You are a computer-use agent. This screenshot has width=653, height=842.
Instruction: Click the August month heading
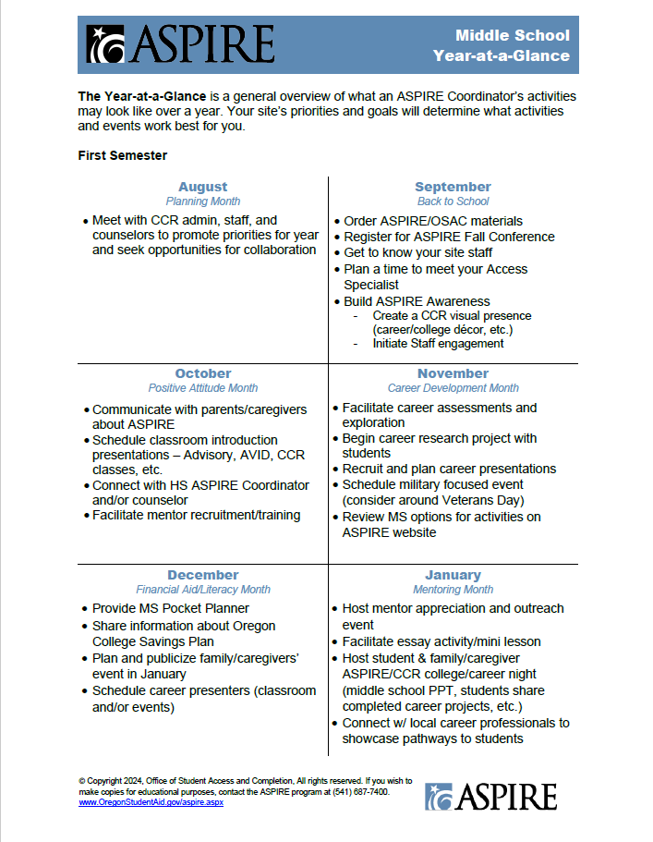202,187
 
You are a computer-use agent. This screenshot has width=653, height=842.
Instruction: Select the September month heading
453,187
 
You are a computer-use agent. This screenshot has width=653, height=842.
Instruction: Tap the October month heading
202,373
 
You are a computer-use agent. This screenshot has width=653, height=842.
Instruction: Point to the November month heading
453,373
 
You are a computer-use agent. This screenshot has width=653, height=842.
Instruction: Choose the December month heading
202,575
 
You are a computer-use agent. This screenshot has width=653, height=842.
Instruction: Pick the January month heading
453,575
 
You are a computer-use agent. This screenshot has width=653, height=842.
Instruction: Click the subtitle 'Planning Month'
202,201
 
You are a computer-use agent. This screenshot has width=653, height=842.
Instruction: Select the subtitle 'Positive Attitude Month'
202,388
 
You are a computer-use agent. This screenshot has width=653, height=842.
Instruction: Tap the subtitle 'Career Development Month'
453,388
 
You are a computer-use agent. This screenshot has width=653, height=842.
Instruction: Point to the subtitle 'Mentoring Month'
453,590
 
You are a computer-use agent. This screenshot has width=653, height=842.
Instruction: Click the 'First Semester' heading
122,155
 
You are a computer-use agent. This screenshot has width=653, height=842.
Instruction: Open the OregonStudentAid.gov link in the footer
151,803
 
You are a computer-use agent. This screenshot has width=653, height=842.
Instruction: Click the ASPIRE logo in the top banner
181,44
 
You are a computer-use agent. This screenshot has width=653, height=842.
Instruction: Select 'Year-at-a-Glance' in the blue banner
501,56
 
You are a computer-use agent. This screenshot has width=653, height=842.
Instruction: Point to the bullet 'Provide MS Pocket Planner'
170,609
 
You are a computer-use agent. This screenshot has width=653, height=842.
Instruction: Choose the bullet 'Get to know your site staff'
417,252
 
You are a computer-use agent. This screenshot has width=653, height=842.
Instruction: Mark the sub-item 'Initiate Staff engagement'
438,344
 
